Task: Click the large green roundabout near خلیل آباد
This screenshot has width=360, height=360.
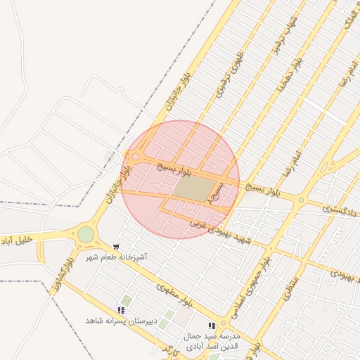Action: tap(86, 234)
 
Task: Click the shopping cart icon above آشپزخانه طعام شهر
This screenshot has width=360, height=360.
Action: tap(116, 247)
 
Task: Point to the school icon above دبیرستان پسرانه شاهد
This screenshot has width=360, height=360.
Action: tap(122, 309)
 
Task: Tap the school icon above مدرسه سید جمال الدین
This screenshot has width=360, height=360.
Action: tap(211, 326)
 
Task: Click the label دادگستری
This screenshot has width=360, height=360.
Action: tap(340, 209)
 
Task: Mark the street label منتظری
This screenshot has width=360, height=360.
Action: tap(292, 289)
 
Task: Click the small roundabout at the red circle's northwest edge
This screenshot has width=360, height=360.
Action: tap(135, 157)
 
